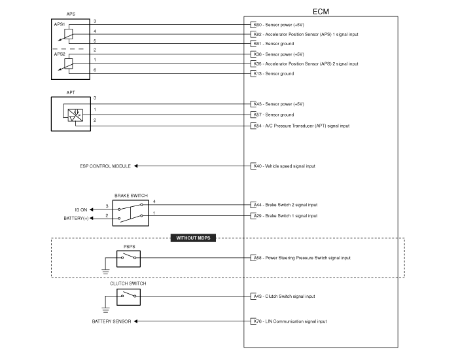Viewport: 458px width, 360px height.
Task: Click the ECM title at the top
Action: tap(321, 12)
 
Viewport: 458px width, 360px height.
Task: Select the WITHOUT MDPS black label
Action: tap(193, 238)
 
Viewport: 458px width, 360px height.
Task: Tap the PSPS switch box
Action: tap(128, 259)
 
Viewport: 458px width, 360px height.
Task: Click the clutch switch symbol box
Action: tap(128, 297)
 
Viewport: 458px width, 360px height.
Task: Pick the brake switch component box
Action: tap(131, 213)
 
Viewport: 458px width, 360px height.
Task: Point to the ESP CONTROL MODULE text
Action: tap(105, 166)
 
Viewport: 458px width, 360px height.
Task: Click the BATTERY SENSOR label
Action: tap(112, 321)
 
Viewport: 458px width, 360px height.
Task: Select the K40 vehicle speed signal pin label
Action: tap(284, 166)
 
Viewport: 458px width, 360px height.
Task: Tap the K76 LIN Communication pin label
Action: tap(290, 321)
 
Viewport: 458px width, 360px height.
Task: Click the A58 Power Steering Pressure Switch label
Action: tap(302, 258)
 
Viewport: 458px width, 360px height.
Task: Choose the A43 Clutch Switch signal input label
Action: tap(284, 297)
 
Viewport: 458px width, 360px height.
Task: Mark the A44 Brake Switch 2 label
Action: tap(285, 205)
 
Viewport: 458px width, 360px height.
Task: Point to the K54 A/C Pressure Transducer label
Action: tap(302, 126)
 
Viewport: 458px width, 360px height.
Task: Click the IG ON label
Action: tap(81, 210)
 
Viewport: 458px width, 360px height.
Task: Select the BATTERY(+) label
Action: tap(76, 218)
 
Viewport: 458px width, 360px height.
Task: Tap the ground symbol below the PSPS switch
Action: tap(105, 272)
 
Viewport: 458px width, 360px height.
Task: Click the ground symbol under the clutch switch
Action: tap(105, 310)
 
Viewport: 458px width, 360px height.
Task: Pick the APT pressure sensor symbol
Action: tap(75, 115)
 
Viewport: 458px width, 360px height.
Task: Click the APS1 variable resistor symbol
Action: tap(68, 35)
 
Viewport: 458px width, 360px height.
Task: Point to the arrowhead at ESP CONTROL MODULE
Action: tap(136, 166)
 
